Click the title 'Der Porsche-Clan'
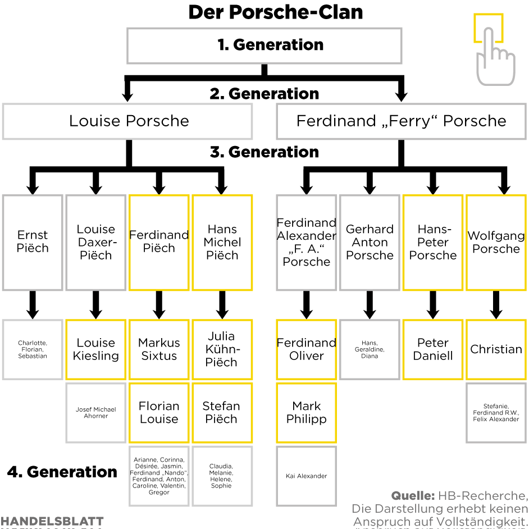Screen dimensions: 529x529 tap(275, 12)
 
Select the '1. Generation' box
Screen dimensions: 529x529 tap(264, 45)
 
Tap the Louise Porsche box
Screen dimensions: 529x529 tap(127, 121)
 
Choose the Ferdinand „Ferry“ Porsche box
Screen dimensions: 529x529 tap(401, 121)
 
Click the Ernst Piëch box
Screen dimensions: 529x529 tap(33, 242)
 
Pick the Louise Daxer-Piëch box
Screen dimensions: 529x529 tap(96, 242)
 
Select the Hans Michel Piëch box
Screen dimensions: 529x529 tap(222, 242)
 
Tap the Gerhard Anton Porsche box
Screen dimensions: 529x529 tap(370, 242)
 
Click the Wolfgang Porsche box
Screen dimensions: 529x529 tap(496, 242)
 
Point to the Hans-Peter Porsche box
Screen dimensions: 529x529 tap(433, 242)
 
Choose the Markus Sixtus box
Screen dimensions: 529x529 tap(159, 349)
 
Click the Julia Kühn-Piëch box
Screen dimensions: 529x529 tap(222, 349)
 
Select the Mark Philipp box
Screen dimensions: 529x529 tap(306, 413)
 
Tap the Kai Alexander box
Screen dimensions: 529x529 tap(306, 476)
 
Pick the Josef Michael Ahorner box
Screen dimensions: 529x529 tap(96, 413)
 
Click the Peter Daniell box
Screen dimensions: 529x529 tap(433, 349)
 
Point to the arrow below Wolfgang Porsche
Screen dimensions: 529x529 tap(496, 305)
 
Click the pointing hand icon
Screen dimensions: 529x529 tap(493, 51)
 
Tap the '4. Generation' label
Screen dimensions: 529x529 tap(62, 472)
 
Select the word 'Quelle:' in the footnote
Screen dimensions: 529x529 tap(413, 496)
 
